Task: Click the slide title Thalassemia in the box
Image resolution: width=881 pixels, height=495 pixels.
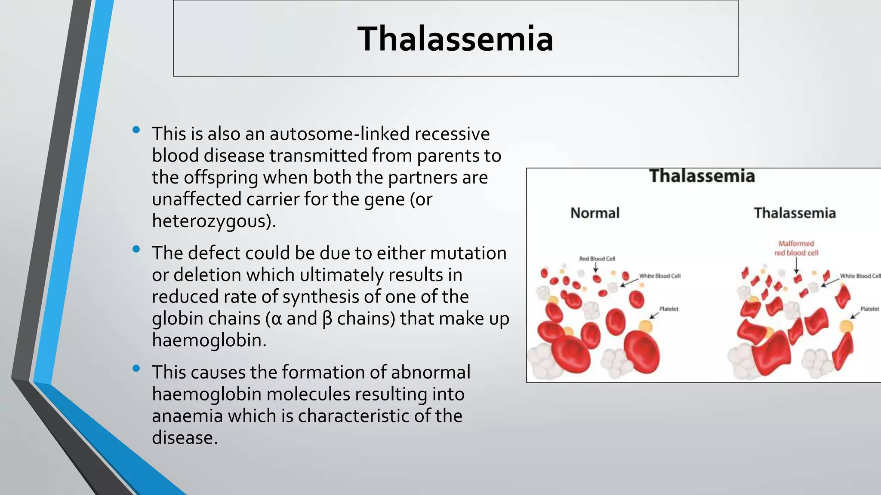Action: [x=455, y=39]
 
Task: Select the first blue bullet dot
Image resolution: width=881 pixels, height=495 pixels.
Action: [x=136, y=129]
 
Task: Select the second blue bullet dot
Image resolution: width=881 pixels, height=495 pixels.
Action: [x=136, y=249]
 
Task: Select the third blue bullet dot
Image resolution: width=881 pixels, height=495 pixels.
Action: [x=136, y=368]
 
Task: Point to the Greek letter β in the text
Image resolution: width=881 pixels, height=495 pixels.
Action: [x=327, y=319]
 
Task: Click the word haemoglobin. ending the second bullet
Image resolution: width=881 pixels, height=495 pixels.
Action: [x=209, y=340]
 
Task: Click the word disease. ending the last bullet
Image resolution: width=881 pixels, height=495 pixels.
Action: [x=185, y=438]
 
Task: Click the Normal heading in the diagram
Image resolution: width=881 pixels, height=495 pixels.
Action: [x=595, y=213]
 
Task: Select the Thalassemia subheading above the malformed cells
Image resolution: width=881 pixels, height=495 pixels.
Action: [x=795, y=213]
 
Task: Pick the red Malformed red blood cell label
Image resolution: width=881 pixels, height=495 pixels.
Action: [x=796, y=248]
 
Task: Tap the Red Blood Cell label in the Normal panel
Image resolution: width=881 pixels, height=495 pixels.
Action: [x=597, y=259]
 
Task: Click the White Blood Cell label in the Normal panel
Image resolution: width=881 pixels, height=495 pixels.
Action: [x=659, y=276]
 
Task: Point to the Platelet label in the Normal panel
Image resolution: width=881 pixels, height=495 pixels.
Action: [x=668, y=309]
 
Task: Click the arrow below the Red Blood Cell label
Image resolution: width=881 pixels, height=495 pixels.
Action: [x=596, y=268]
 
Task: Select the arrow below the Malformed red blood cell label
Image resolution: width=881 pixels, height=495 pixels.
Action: [x=796, y=266]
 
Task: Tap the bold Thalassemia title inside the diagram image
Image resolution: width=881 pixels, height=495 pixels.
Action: [x=702, y=176]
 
